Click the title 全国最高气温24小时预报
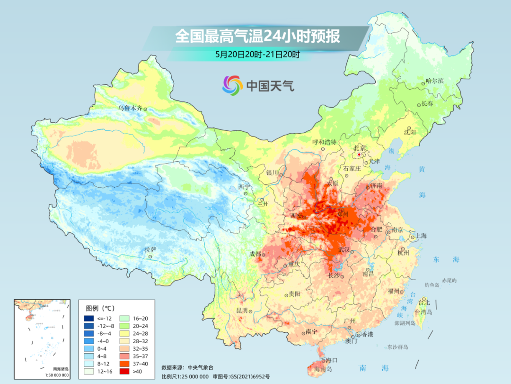coord(257,37)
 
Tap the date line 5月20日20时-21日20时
coord(257,55)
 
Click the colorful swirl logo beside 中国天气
coord(232,85)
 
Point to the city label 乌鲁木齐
coord(130,108)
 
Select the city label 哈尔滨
coord(435,81)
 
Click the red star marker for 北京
coord(360,155)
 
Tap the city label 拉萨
coord(150,249)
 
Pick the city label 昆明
coord(242,311)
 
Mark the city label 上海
coord(421,236)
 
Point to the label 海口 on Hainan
coord(331,360)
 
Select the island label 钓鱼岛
coord(432,284)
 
